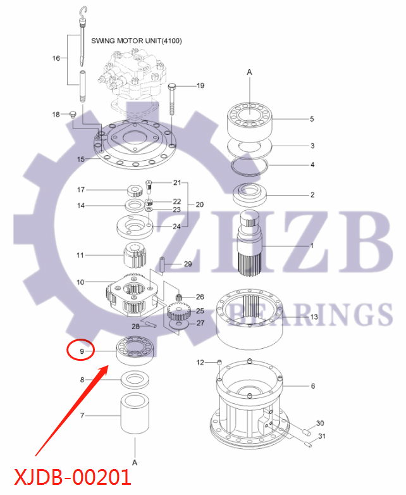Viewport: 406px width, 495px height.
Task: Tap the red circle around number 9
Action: pyautogui.click(x=81, y=349)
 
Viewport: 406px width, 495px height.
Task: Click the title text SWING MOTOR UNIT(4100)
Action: pyautogui.click(x=137, y=41)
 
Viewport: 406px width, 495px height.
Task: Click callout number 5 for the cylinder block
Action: pyautogui.click(x=311, y=118)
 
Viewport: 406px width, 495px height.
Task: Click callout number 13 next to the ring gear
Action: pyautogui.click(x=314, y=316)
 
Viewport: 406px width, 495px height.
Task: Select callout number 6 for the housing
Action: pyautogui.click(x=312, y=385)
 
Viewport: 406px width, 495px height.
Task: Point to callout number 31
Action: pyautogui.click(x=321, y=436)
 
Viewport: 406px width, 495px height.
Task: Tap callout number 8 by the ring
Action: pyautogui.click(x=82, y=380)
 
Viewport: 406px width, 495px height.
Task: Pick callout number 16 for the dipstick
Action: pyautogui.click(x=56, y=58)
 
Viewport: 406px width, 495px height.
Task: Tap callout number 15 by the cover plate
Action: pyautogui.click(x=80, y=160)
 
